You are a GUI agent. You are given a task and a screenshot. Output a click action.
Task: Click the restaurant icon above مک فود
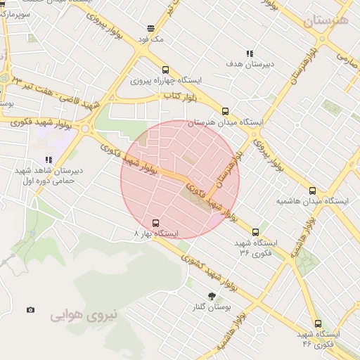coord(150,29)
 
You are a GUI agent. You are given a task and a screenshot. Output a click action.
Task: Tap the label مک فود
coord(151,39)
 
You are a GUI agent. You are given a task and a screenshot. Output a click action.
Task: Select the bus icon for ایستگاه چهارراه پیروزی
coord(165,70)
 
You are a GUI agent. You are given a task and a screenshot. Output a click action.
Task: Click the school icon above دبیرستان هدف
coord(250,53)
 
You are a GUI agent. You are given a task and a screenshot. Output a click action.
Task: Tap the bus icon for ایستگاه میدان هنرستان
coord(225,111)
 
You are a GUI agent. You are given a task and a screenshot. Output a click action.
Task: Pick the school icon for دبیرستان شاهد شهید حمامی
coord(49,160)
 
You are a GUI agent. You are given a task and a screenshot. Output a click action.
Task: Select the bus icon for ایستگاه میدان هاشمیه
coord(313,190)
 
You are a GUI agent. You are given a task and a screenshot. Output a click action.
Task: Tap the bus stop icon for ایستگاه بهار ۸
coord(155,222)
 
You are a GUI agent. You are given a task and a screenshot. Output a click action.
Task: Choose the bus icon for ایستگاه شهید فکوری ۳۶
coord(255,231)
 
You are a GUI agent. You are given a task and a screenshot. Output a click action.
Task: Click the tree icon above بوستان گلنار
coord(212,296)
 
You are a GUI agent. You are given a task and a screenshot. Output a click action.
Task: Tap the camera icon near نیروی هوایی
coord(30,309)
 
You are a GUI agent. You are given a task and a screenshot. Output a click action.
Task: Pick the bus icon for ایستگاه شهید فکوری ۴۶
coord(318,323)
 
